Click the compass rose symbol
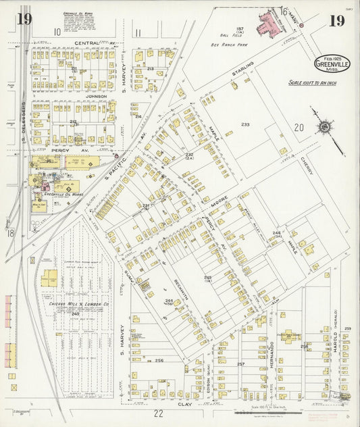pos(325,127)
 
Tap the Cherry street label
pos(309,162)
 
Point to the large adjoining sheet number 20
pos(299,128)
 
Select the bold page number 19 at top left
pos(24,19)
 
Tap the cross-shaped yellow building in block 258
pos(288,336)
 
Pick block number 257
pos(240,364)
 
